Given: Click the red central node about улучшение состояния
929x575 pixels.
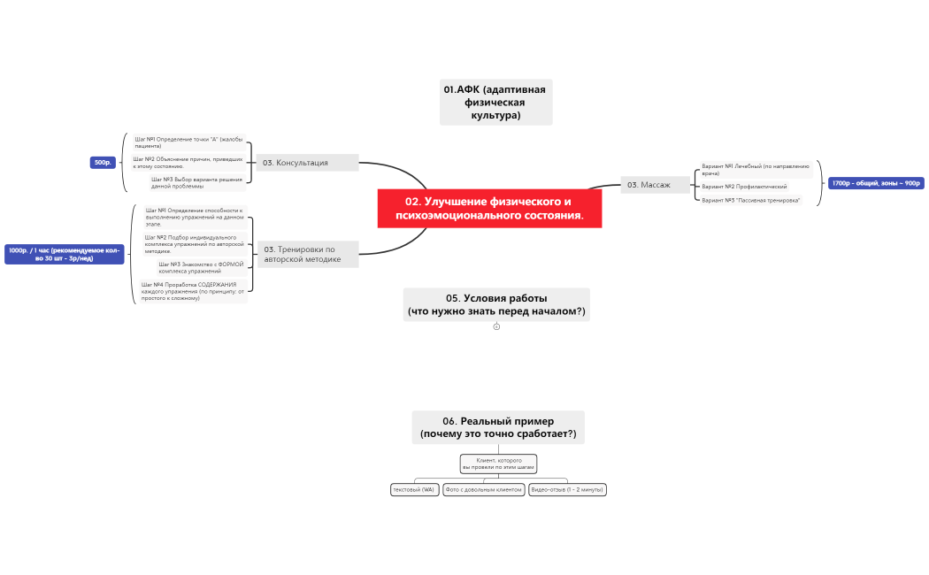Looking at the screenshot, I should [x=489, y=208].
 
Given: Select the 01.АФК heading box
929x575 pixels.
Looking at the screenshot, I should [x=495, y=102].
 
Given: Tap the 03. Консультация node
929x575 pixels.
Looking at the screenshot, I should [x=307, y=163].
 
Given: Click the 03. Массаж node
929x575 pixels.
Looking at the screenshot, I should [x=655, y=185].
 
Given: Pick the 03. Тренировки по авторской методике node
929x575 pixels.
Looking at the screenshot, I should [x=307, y=254].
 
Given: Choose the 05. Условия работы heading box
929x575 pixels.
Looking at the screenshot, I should [x=495, y=304].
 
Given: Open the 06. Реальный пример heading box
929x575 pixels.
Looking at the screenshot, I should [x=498, y=427].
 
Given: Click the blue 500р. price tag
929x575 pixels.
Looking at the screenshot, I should [x=103, y=162].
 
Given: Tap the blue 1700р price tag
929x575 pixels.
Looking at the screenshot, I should [x=875, y=183].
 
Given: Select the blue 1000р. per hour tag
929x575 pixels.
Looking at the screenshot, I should [x=64, y=254].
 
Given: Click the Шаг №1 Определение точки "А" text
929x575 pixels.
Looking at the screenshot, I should [x=188, y=142].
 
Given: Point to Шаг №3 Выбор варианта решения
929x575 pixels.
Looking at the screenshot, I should [x=196, y=182].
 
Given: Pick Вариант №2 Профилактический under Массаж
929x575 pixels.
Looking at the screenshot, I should [x=744, y=187].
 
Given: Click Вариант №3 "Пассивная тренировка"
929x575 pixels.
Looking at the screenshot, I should [x=750, y=200].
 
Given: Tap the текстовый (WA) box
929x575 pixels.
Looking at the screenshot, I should [x=414, y=489].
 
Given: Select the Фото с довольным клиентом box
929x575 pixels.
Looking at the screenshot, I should [x=484, y=489].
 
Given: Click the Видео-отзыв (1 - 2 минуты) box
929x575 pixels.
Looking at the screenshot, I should [x=567, y=489].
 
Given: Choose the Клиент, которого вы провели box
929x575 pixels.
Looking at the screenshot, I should [x=498, y=464].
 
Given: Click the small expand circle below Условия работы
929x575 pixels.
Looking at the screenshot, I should [x=496, y=326].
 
